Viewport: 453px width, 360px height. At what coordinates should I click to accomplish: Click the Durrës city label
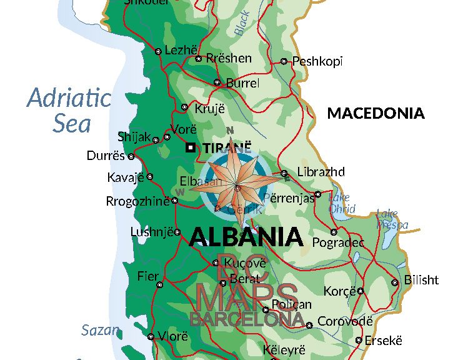(x=106, y=156)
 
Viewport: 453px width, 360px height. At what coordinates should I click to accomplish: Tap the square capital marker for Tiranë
(x=191, y=147)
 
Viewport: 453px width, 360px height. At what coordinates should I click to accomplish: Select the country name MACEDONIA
(x=376, y=113)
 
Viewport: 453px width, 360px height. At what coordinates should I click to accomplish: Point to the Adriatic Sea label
(x=69, y=111)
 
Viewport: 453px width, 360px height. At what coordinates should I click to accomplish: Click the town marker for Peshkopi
(x=284, y=61)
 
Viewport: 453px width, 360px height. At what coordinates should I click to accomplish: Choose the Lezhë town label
(x=181, y=50)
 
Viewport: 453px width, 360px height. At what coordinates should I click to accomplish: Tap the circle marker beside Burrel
(x=217, y=82)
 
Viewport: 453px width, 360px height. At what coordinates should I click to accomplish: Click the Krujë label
(x=209, y=108)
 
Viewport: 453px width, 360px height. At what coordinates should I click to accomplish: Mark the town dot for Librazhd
(x=284, y=173)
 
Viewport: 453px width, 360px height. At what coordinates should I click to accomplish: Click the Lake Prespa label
(x=392, y=219)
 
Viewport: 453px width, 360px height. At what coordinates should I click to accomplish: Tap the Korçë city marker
(x=361, y=291)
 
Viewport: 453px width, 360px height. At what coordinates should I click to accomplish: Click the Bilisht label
(x=421, y=280)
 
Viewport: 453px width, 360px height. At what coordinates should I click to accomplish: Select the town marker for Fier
(x=159, y=284)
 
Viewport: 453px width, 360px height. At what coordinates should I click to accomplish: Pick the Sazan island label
(x=100, y=330)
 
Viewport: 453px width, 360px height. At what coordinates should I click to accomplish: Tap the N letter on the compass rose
(x=230, y=130)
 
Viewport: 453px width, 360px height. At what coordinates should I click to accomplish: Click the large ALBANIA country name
(x=246, y=236)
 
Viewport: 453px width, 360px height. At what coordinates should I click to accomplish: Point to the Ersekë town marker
(x=359, y=341)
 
